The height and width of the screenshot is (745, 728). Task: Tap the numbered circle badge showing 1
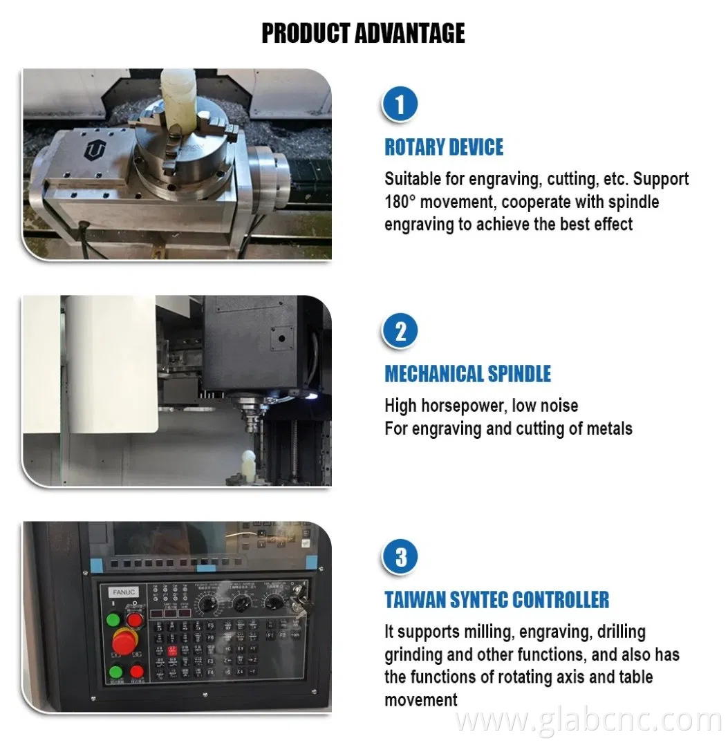[400, 106]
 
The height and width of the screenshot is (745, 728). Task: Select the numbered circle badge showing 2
[400, 332]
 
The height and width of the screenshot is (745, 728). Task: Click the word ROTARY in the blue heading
[413, 147]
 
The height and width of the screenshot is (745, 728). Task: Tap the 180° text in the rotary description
[403, 202]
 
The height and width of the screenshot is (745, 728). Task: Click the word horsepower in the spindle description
[465, 405]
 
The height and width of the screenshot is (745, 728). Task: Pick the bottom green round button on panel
[114, 670]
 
